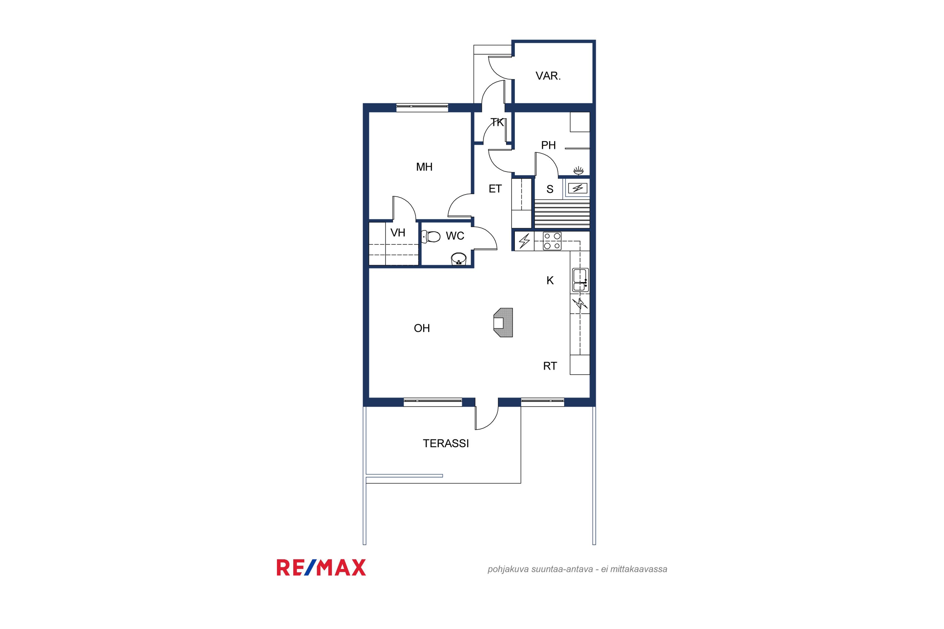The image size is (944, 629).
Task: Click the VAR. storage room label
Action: coord(548,76)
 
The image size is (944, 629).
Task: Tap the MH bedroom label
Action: coord(424,167)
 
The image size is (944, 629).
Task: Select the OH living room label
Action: coord(422,328)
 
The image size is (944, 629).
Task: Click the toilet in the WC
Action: coord(431,236)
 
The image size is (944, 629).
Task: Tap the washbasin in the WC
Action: coord(459,259)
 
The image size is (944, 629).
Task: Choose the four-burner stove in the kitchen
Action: coord(552,241)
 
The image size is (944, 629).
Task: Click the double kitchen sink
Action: coord(580,280)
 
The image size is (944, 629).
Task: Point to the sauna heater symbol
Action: coord(577,188)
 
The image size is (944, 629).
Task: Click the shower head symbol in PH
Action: coord(578,171)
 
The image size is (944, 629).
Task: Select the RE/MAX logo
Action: coord(321,568)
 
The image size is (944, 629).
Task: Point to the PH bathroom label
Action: coord(548,145)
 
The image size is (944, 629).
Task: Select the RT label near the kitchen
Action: coord(550,366)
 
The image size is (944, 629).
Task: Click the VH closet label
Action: coord(398,233)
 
